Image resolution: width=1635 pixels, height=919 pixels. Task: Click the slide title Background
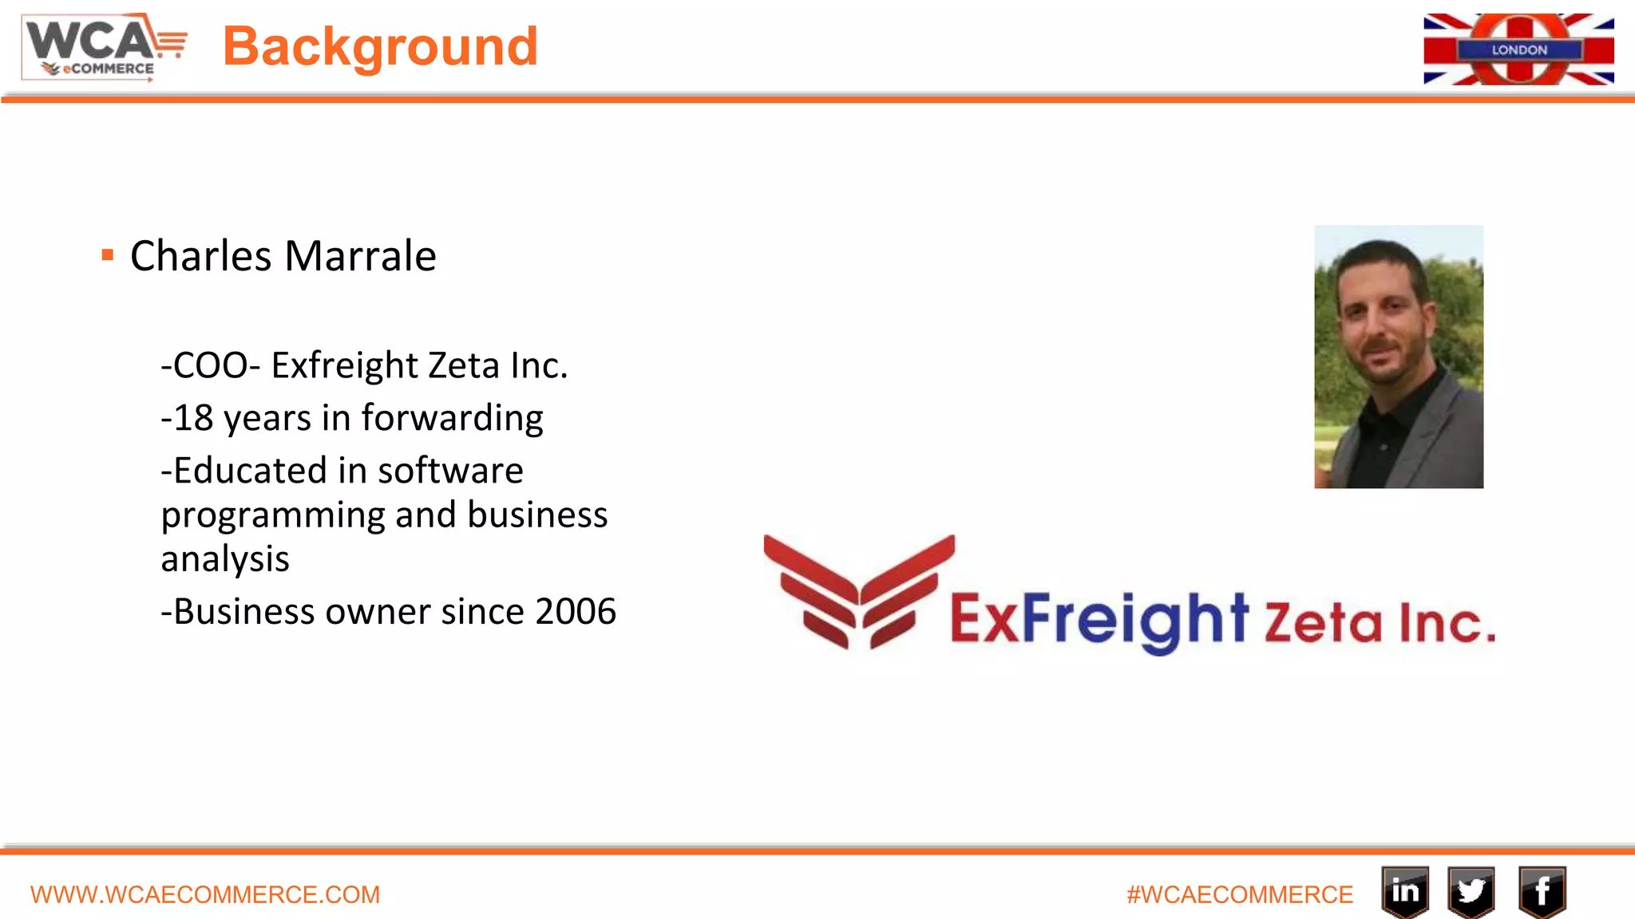point(380,46)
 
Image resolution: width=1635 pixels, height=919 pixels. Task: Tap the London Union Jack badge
point(1518,49)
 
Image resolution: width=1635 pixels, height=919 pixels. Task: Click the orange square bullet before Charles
point(108,255)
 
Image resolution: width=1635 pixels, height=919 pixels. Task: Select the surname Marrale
point(360,256)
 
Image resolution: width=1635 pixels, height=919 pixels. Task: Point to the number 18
point(193,418)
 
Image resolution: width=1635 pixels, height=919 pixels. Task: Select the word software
point(450,471)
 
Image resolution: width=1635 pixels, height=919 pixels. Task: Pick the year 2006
point(576,612)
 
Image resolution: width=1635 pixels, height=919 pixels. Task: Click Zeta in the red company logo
point(1322,623)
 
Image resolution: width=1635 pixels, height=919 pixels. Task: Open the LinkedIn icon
point(1405,891)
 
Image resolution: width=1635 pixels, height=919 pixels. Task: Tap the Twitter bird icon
point(1471,891)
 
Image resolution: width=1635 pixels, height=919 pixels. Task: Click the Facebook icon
point(1542,891)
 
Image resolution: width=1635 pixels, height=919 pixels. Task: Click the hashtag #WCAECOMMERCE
point(1239,895)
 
